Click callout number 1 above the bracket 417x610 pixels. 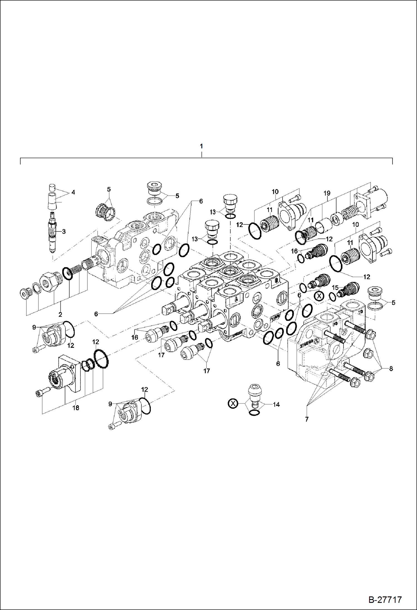pos(201,146)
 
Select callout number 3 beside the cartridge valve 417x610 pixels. pos(64,231)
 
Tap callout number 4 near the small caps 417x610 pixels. pos(73,192)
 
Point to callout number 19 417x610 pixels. pos(327,193)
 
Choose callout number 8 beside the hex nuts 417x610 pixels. pos(391,369)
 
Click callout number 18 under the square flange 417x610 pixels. pos(76,408)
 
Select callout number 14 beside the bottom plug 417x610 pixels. pos(276,404)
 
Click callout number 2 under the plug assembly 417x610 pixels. pos(60,315)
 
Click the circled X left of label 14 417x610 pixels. pos(233,403)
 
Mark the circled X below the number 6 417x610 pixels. pos(319,296)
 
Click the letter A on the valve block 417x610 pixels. pos(236,299)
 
